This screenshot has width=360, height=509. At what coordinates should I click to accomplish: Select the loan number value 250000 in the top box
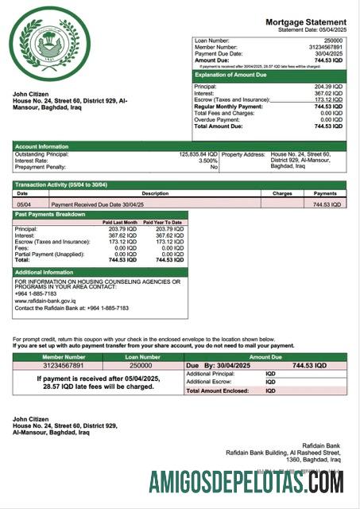(x=335, y=39)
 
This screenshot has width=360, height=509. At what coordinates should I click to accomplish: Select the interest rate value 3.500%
(x=206, y=161)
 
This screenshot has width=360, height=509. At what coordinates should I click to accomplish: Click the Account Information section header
(x=42, y=146)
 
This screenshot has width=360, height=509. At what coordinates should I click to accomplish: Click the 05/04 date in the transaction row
(x=23, y=204)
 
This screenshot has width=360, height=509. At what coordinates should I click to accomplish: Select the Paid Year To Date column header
(x=163, y=222)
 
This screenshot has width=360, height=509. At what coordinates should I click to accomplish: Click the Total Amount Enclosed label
(x=217, y=391)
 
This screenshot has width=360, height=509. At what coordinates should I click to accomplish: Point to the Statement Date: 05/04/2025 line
(x=312, y=29)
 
